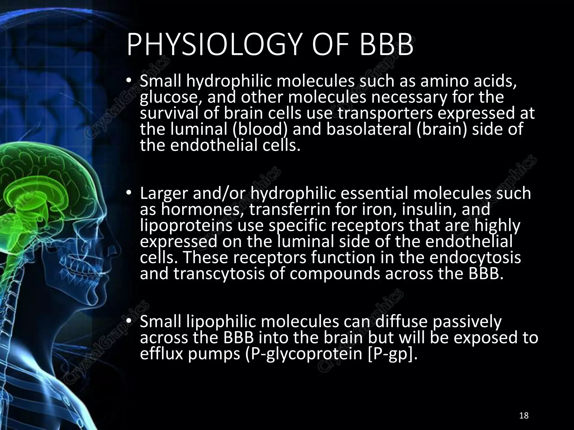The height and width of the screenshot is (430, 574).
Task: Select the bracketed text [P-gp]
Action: click(392, 354)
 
